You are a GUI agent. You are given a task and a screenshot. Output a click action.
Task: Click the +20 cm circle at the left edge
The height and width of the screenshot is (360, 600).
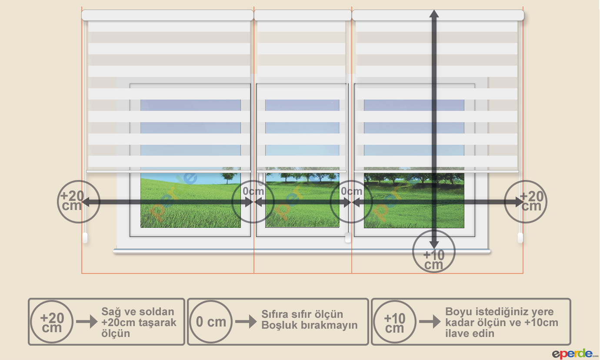tap(79, 202)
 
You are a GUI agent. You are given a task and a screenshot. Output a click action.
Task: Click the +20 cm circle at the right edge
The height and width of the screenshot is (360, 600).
tap(526, 202)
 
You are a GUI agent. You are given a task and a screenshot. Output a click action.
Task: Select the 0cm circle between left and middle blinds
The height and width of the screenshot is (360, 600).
tap(253, 201)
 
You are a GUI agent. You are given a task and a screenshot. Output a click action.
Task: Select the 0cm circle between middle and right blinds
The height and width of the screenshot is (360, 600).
tap(351, 201)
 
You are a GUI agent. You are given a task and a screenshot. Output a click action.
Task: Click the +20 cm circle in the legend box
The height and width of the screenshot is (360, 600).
tap(52, 322)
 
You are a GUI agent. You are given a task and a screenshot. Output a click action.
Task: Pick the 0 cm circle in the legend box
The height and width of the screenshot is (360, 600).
tap(211, 322)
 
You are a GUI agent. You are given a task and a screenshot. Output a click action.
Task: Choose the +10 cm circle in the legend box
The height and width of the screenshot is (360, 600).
tap(394, 322)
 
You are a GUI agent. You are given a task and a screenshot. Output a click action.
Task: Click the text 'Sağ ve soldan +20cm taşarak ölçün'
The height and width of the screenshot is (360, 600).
tap(139, 322)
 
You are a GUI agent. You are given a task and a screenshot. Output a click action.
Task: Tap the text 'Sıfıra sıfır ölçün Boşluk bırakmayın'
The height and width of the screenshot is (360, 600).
tap(309, 320)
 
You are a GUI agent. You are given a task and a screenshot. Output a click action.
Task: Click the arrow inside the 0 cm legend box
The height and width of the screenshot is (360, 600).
tap(246, 322)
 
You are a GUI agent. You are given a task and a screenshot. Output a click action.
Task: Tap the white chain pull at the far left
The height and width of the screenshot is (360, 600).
tap(85, 238)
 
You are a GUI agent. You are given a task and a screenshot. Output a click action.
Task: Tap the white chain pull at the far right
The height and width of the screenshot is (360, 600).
tap(520, 238)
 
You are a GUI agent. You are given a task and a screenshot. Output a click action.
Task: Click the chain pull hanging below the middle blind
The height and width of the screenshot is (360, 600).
tap(348, 238)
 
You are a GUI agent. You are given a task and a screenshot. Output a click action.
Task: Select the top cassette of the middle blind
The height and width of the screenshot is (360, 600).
tap(303, 15)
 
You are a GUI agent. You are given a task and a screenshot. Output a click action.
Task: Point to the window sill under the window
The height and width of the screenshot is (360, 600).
tap(302, 251)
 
